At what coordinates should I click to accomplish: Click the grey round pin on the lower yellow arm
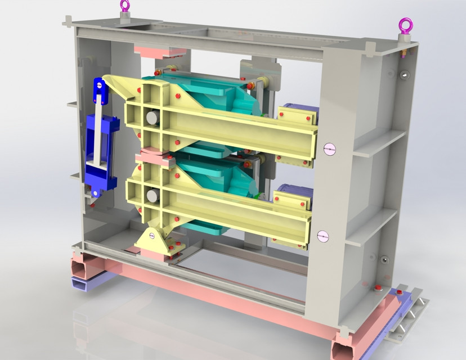click(152, 195)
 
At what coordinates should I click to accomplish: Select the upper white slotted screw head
click(329, 148)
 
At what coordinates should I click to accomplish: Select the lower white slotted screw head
click(322, 236)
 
